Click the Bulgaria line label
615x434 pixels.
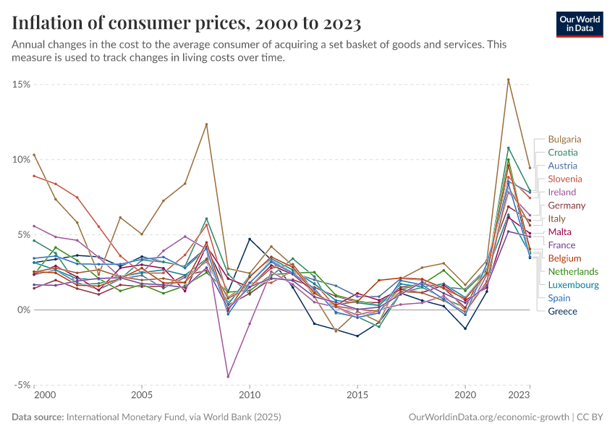[564, 139]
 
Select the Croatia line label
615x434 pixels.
[563, 153]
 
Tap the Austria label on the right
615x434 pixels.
[562, 166]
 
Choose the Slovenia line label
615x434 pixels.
[564, 179]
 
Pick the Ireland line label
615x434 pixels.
[562, 192]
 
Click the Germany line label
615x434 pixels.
[567, 205]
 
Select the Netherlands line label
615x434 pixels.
[573, 271]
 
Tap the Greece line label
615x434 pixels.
[562, 311]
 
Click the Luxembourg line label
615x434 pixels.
[573, 285]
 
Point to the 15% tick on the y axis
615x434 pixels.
[21, 84]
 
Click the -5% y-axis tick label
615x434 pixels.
[21, 385]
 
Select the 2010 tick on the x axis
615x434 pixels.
[250, 396]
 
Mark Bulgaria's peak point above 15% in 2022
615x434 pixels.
[509, 80]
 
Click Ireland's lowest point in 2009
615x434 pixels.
[228, 376]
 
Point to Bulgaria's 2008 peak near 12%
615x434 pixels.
[206, 124]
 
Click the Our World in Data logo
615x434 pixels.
[580, 23]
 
